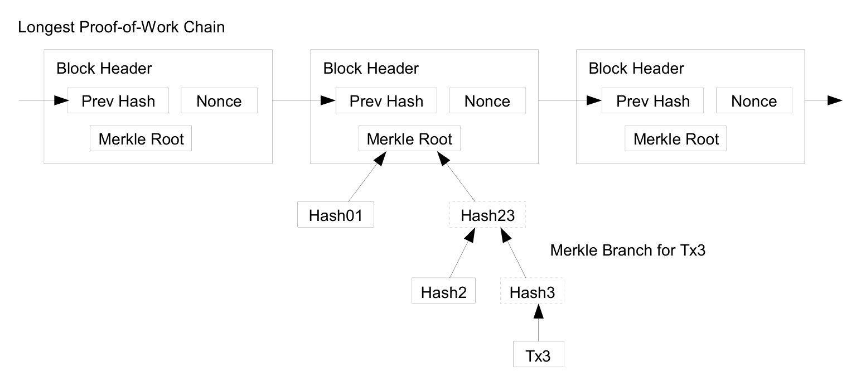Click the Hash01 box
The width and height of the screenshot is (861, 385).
click(x=336, y=215)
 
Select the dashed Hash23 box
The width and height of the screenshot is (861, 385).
click(x=487, y=215)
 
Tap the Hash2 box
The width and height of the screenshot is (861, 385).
click(x=443, y=291)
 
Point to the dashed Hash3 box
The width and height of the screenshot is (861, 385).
click(x=532, y=291)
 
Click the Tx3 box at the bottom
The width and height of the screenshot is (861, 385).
click(x=539, y=354)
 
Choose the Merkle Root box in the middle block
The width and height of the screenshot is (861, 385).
click(x=409, y=138)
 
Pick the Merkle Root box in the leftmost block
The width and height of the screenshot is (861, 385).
click(x=141, y=138)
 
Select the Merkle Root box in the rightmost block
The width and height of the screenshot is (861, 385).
click(x=676, y=138)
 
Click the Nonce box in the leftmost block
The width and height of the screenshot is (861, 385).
click(x=219, y=100)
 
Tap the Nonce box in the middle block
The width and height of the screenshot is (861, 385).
click(x=488, y=100)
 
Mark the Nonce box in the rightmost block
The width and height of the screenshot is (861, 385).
click(x=754, y=100)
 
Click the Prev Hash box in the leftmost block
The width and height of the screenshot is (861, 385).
click(x=118, y=100)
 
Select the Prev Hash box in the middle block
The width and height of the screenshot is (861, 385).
click(x=386, y=100)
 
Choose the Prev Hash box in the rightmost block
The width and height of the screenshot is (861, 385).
click(x=652, y=100)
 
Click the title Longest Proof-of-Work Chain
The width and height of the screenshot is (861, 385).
click(x=122, y=27)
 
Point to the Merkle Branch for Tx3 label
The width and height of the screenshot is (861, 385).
click(x=628, y=251)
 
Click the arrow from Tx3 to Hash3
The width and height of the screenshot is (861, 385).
click(x=539, y=323)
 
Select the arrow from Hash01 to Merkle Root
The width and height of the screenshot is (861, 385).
click(x=367, y=176)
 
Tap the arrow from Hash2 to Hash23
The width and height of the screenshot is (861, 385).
click(x=462, y=253)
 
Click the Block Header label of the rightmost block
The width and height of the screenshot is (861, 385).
click(x=636, y=69)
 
